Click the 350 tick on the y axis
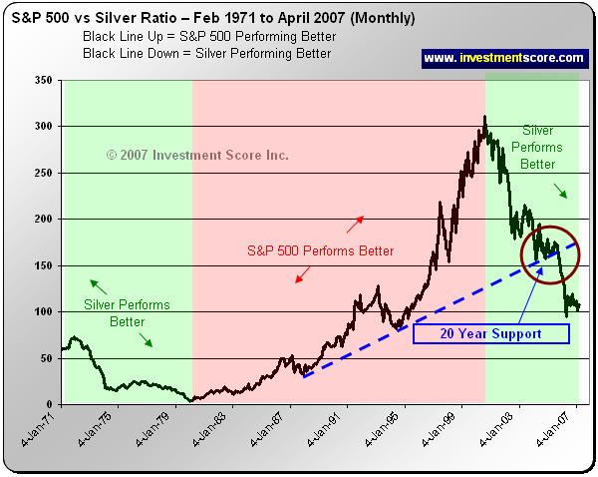pos(43,81)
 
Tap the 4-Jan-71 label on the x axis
pos(43,430)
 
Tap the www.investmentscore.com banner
pos(504,59)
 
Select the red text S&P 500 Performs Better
pos(320,249)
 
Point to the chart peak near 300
pos(484,118)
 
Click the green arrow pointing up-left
pos(96,283)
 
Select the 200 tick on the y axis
pos(43,220)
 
